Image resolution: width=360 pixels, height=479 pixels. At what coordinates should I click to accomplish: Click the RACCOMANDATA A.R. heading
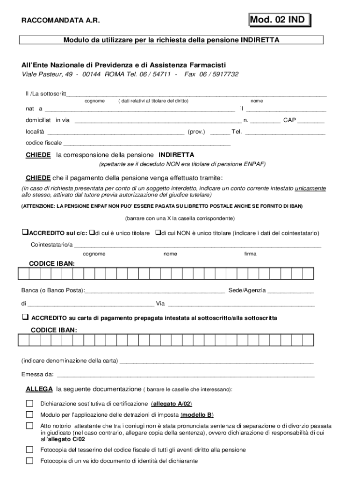pyautogui.click(x=60, y=21)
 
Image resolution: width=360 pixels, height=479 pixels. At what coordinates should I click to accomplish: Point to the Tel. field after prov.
pyautogui.click(x=285, y=133)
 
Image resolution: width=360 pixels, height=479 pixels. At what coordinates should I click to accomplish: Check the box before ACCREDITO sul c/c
pyautogui.click(x=25, y=232)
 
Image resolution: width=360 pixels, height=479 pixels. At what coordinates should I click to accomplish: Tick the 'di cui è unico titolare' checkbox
pyautogui.click(x=92, y=232)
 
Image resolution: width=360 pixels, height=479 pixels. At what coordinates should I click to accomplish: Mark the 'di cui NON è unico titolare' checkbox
pyautogui.click(x=158, y=232)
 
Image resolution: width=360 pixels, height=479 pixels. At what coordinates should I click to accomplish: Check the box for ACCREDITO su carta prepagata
pyautogui.click(x=25, y=317)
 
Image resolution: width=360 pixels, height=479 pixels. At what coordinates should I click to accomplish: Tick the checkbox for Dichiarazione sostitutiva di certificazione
pyautogui.click(x=30, y=403)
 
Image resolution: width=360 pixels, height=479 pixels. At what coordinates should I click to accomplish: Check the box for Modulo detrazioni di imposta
pyautogui.click(x=30, y=414)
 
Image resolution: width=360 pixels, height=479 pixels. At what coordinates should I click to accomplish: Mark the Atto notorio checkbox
pyautogui.click(x=30, y=426)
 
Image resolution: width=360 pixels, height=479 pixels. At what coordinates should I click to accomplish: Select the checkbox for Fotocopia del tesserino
pyautogui.click(x=30, y=450)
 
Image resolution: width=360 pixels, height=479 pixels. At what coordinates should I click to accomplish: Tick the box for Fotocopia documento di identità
pyautogui.click(x=30, y=461)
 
